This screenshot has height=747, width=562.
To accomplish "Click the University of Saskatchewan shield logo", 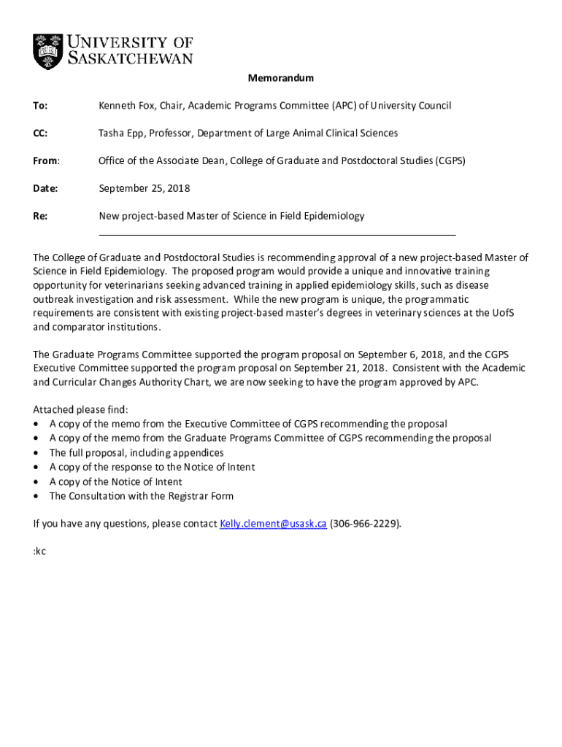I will pos(48,51).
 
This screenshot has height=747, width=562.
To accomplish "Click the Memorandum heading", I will pos(280,78).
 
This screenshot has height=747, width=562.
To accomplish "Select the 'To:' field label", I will pos(40,106).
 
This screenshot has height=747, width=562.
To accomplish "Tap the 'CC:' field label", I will pos(40,133).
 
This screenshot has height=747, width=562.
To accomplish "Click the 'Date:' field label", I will pos(45,188).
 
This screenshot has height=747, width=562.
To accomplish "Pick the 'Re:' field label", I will pos(40,216).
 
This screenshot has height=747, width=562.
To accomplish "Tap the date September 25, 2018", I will pos(144,188).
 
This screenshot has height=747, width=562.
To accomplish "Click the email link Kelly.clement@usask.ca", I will pos(272,524).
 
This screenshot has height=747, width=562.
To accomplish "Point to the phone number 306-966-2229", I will pos(364,524).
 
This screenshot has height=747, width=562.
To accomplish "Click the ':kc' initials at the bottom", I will pos(39,551).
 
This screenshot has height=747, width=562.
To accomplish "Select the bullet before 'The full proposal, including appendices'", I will pos(36,453).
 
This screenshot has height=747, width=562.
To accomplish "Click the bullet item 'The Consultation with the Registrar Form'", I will pos(141,496).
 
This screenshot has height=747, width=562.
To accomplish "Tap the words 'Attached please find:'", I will pos(80,409).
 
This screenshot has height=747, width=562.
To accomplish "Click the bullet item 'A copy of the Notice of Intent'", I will pos(115,481).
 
